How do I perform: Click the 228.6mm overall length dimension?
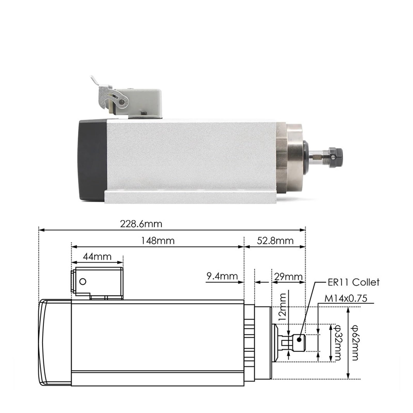pyautogui.click(x=141, y=224)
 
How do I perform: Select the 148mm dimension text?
pyautogui.click(x=157, y=241)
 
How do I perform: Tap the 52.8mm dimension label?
pyautogui.click(x=275, y=241)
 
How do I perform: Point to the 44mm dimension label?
pyautogui.click(x=97, y=257)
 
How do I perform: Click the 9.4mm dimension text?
pyautogui.click(x=222, y=276)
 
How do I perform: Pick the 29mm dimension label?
pyautogui.click(x=288, y=277)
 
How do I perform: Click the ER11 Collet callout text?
pyautogui.click(x=353, y=282)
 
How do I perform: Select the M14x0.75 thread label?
pyautogui.click(x=346, y=299)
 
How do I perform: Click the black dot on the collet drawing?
pyautogui.click(x=299, y=340)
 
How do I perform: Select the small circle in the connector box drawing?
pyautogui.click(x=83, y=281)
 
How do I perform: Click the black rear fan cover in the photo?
pyautogui.click(x=92, y=160)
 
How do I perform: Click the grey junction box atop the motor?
pyautogui.click(x=145, y=102)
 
